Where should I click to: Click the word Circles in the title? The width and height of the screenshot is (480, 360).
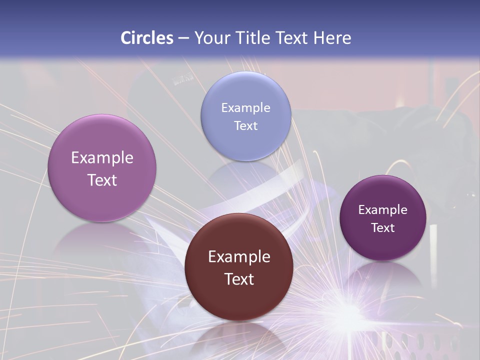click(x=147, y=38)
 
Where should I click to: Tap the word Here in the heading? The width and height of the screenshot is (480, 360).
click(x=332, y=38)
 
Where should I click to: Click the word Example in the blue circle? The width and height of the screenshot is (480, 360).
click(x=245, y=107)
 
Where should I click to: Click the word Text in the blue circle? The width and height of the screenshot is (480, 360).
click(x=245, y=125)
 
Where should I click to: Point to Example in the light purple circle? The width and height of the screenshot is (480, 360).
click(x=102, y=157)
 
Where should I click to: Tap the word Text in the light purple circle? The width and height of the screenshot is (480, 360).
click(x=102, y=180)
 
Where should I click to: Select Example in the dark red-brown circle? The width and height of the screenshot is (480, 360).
click(x=239, y=256)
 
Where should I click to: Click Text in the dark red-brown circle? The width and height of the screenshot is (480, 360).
click(x=239, y=279)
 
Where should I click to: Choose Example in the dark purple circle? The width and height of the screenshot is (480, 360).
click(x=383, y=209)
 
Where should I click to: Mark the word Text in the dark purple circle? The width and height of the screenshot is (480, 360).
click(x=383, y=227)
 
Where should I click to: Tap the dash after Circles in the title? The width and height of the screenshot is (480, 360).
click(x=183, y=38)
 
